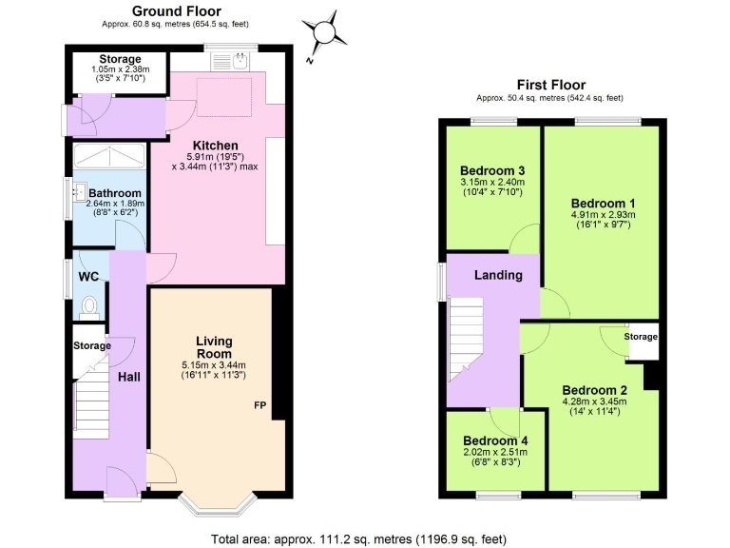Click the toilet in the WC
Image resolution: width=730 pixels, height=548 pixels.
[90, 306]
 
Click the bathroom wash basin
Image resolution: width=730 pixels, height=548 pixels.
[80, 193]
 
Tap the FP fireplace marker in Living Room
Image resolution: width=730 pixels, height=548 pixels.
[259, 406]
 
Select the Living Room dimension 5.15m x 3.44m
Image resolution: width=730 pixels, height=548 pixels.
[214, 365]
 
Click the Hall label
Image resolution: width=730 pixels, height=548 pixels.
[128, 378]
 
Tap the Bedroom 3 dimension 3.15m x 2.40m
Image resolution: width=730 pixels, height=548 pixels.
[492, 182]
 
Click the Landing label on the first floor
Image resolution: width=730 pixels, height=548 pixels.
[498, 276]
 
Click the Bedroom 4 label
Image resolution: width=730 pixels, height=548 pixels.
[495, 440]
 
